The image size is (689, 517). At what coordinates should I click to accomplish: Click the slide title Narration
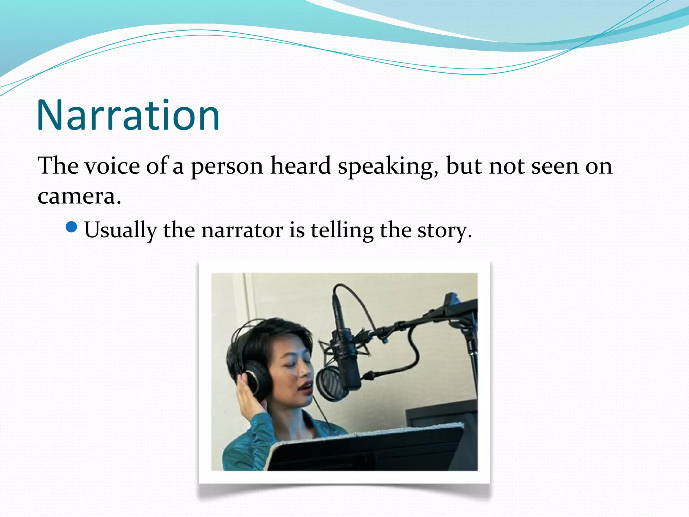128,115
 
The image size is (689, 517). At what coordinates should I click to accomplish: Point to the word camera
79,196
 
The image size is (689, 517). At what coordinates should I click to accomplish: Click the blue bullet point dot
72,227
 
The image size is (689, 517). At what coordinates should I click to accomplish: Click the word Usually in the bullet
120,231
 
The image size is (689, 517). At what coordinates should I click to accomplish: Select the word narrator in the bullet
242,231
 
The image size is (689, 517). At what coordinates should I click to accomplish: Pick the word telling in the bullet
342,231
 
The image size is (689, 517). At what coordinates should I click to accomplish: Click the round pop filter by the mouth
331,384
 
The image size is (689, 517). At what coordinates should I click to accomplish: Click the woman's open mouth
307,388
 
